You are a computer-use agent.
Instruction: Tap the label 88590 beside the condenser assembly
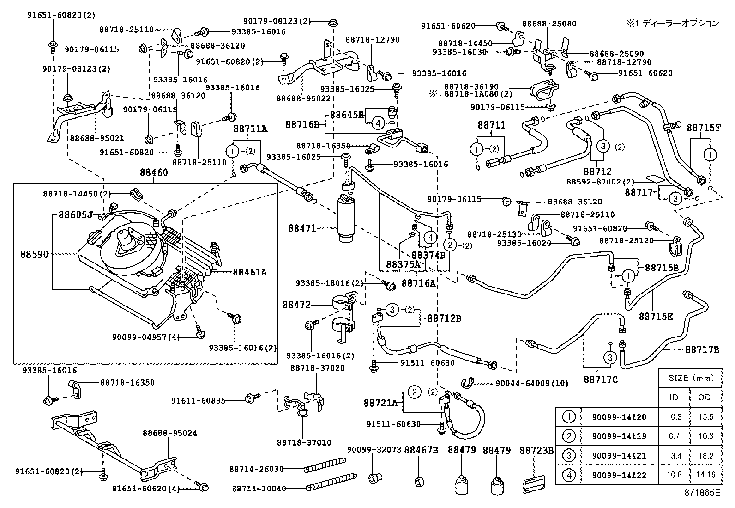[34, 254]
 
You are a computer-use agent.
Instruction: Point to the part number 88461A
[250, 272]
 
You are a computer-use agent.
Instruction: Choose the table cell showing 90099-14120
[612, 417]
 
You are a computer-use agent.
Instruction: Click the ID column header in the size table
[674, 398]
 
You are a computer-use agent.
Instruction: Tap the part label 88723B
[536, 450]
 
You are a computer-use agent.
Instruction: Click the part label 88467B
[421, 450]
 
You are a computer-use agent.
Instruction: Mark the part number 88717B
[702, 350]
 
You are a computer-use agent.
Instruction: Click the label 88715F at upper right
[703, 127]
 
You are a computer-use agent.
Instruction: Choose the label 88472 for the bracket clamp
[297, 305]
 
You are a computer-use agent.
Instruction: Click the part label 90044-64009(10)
[532, 383]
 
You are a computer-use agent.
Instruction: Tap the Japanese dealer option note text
[672, 23]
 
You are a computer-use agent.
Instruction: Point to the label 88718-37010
[304, 442]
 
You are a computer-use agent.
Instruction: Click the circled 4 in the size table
[568, 475]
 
